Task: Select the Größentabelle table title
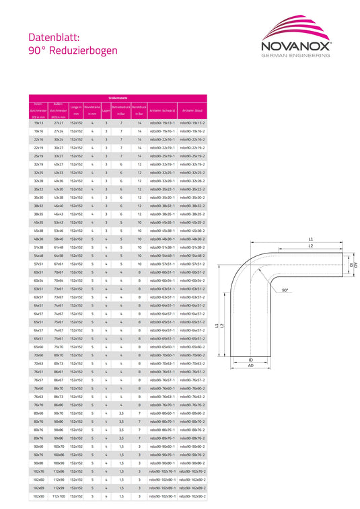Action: (118, 99)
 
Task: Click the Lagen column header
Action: (106, 110)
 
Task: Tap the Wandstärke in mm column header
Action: (93, 110)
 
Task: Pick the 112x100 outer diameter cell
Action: (59, 496)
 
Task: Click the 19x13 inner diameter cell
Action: (38, 124)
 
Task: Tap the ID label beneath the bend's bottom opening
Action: (250, 360)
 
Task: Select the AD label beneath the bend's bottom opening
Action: (250, 366)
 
